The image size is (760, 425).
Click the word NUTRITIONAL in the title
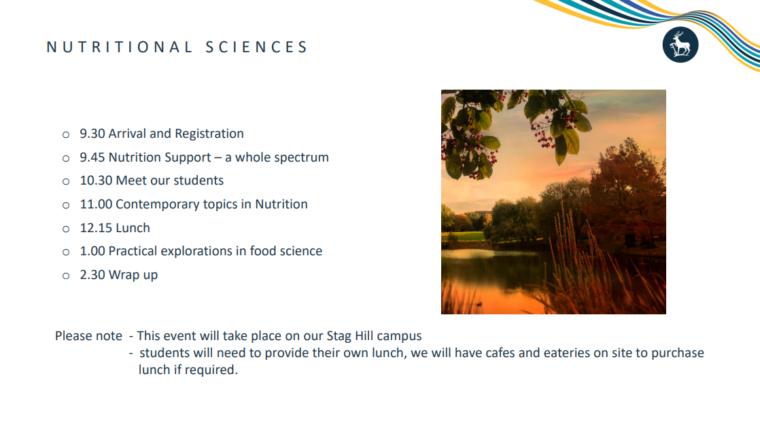tap(119, 47)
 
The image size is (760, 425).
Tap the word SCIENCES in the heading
tap(256, 47)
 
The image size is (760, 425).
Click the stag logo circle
tap(680, 45)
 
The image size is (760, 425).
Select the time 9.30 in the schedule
tap(92, 134)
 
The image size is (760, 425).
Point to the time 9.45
tap(92, 158)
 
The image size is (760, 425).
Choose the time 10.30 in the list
tap(96, 181)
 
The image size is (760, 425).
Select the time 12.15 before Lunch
tap(96, 228)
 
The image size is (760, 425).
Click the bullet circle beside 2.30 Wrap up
tap(66, 276)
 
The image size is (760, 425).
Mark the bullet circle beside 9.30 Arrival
tap(66, 135)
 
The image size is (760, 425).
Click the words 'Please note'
tap(88, 336)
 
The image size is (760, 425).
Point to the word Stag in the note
tap(339, 337)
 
